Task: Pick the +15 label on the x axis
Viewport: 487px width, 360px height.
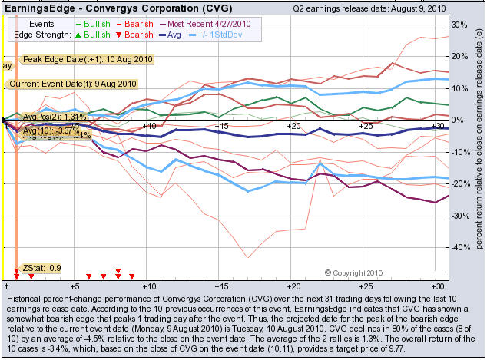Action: pos(221,125)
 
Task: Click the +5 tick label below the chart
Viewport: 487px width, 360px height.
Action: pos(75,285)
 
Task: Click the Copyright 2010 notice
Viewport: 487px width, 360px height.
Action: pos(353,272)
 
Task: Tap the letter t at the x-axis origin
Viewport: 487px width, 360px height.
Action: pos(5,285)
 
